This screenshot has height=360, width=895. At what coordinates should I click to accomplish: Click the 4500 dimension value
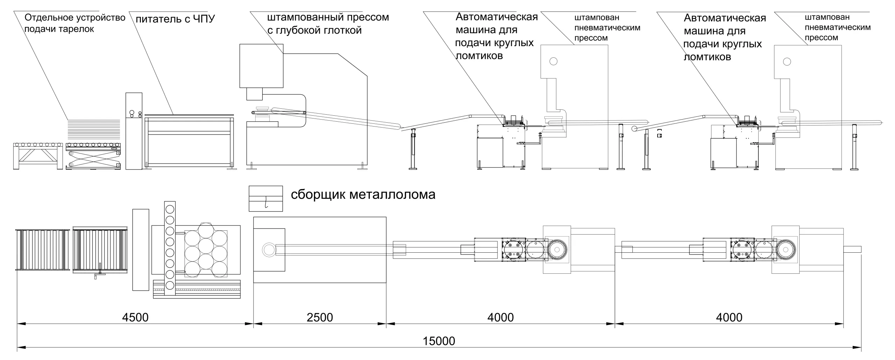pyautogui.click(x=135, y=317)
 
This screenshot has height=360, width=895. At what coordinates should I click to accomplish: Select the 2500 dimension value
pyautogui.click(x=320, y=317)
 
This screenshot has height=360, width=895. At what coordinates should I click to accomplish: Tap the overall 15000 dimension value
pyautogui.click(x=439, y=341)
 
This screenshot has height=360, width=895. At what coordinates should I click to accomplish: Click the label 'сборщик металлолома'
pyautogui.click(x=363, y=195)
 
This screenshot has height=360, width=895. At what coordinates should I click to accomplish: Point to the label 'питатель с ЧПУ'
pyautogui.click(x=175, y=19)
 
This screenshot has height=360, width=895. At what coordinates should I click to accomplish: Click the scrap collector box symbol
pyautogui.click(x=266, y=199)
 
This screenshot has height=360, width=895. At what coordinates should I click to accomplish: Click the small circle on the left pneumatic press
pyautogui.click(x=553, y=62)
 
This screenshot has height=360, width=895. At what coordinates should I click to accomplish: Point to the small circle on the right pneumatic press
pyautogui.click(x=787, y=62)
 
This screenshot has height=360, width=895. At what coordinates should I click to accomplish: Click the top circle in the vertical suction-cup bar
pyautogui.click(x=170, y=209)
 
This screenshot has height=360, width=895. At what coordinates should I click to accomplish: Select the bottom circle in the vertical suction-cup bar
pyautogui.click(x=170, y=285)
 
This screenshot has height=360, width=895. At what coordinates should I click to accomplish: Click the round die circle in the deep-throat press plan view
pyautogui.click(x=269, y=250)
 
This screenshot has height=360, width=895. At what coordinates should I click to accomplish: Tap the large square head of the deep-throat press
pyautogui.click(x=261, y=66)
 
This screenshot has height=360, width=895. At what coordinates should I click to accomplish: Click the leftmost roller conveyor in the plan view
pyautogui.click(x=42, y=250)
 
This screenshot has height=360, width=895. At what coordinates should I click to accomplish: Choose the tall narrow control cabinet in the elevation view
pyautogui.click(x=134, y=131)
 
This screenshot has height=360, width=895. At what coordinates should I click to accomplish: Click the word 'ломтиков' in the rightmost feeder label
pyautogui.click(x=707, y=57)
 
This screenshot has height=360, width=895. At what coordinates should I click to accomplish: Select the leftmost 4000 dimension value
pyautogui.click(x=500, y=317)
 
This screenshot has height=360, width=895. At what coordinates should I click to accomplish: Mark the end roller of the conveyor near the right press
pyautogui.click(x=635, y=129)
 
